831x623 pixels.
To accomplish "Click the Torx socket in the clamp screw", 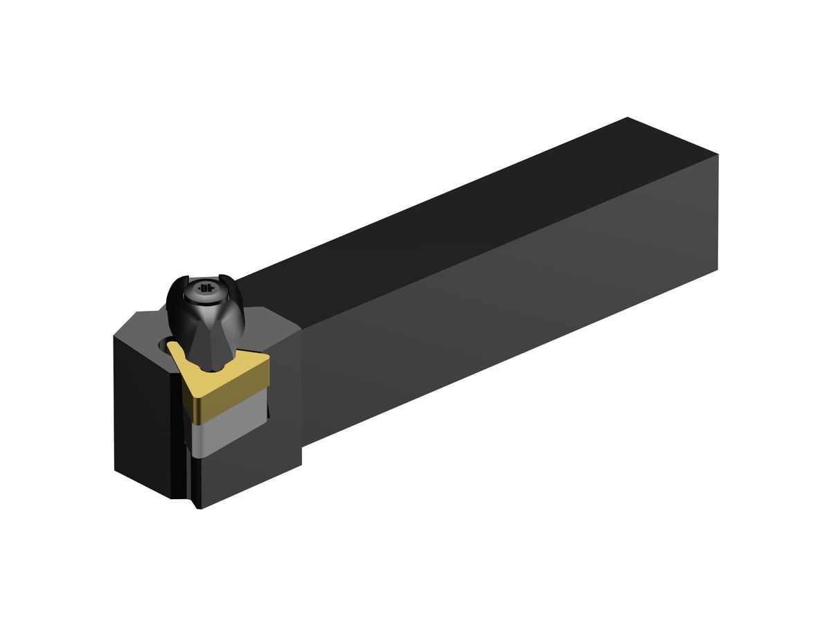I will pyautogui.click(x=204, y=288).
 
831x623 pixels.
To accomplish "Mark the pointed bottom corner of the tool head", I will pyautogui.click(x=199, y=507).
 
